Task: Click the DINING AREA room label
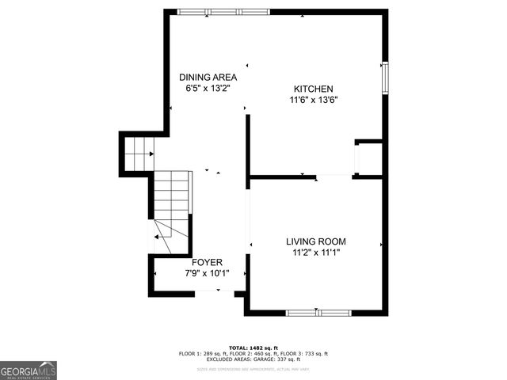(208, 77)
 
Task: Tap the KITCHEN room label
(314, 89)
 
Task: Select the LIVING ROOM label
(316, 241)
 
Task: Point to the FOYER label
(207, 262)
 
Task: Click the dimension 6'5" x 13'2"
(208, 89)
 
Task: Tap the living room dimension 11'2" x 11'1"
(316, 253)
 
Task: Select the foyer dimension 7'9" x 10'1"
(207, 274)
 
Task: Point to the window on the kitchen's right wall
(385, 77)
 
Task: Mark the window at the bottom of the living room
(318, 313)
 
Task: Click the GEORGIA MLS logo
(29, 370)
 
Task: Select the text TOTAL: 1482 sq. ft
(253, 348)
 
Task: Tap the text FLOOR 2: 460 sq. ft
(253, 354)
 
